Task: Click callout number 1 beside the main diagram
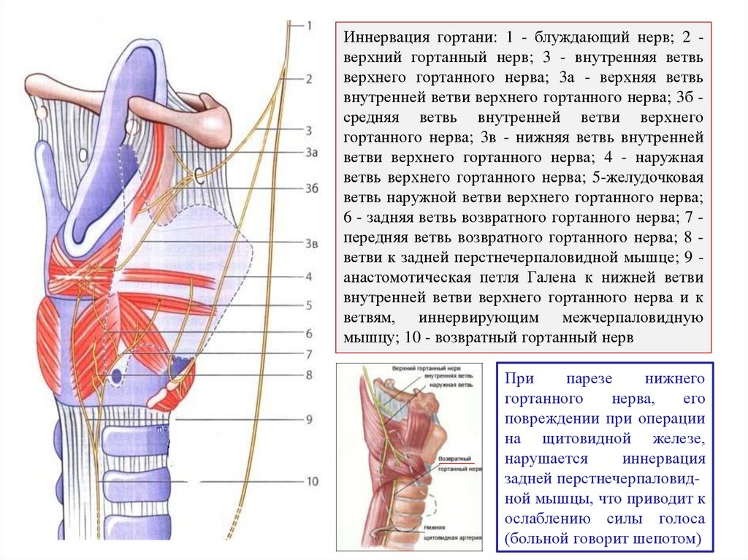(309, 26)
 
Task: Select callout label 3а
(312, 153)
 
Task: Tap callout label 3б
(312, 188)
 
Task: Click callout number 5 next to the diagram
(309, 305)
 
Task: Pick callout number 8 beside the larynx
(309, 375)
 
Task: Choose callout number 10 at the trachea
(312, 481)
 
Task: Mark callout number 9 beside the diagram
(309, 419)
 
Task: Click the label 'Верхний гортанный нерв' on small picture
(426, 369)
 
